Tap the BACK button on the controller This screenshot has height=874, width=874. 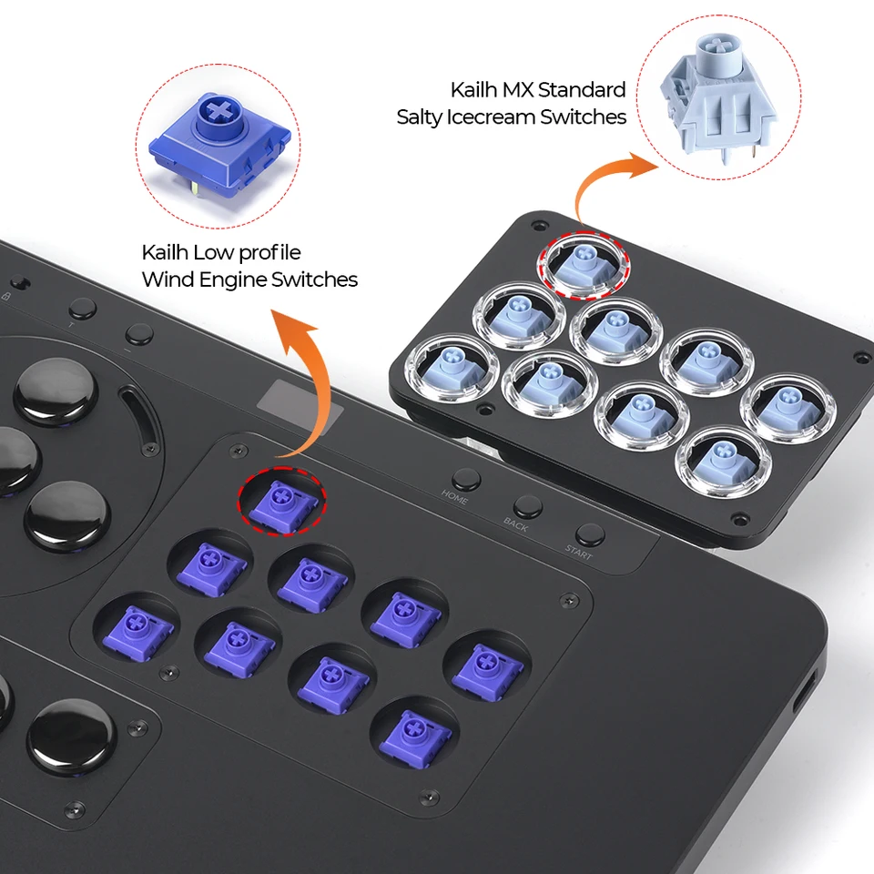click(x=526, y=507)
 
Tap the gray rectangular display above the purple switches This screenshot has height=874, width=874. click(x=300, y=401)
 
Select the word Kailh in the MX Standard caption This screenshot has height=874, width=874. click(x=473, y=90)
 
